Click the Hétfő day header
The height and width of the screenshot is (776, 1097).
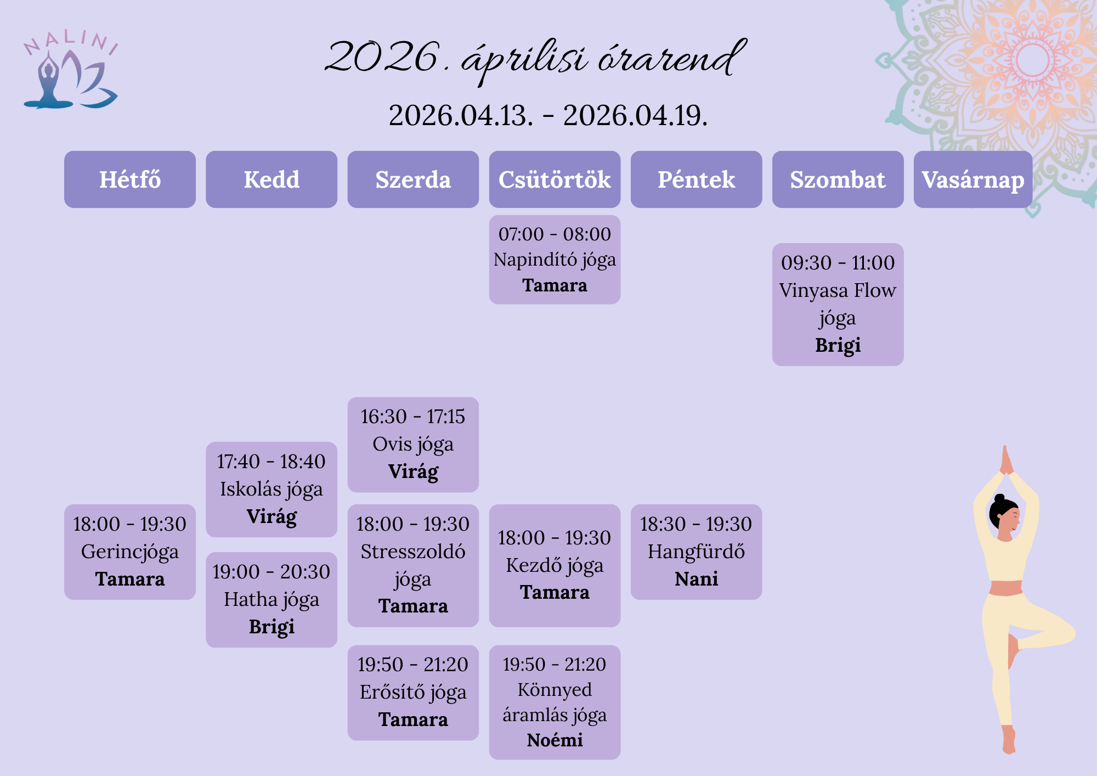pos(130,179)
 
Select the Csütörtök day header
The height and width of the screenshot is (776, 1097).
pos(555,179)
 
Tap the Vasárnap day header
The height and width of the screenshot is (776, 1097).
pos(973,179)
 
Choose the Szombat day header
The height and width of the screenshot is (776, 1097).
pos(838,179)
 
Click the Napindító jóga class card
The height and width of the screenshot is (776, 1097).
pos(555,260)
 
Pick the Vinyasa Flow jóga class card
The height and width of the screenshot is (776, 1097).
pos(838,305)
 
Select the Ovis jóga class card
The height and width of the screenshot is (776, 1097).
pos(413,445)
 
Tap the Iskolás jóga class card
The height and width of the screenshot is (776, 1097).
pos(272,490)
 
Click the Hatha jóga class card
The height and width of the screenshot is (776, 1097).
pos(272,600)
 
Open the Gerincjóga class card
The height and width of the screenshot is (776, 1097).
pos(130,552)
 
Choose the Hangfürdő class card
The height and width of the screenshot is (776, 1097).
pos(696,552)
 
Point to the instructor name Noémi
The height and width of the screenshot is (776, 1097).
pos(555,740)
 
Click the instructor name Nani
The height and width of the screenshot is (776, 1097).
pos(696,579)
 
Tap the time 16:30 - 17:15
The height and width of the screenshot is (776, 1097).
pos(413,417)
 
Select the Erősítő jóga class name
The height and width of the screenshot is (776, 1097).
pos(413,693)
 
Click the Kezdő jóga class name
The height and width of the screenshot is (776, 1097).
pos(555,566)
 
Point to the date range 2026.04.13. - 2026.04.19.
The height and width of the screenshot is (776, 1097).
pos(548,115)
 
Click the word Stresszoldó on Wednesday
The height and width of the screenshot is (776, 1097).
pos(413,552)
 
